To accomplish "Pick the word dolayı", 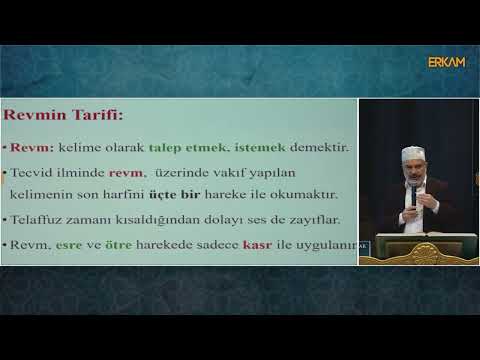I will point(223,220).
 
